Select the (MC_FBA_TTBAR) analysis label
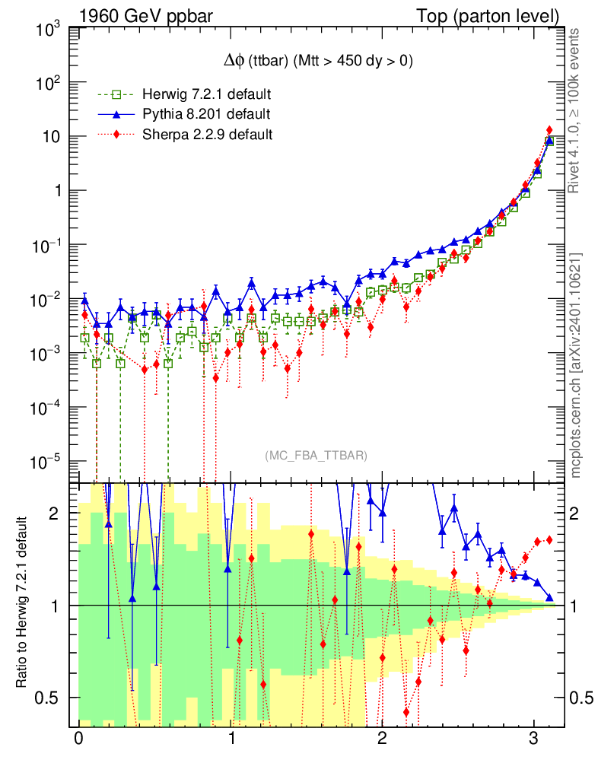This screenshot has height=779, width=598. [x=316, y=456]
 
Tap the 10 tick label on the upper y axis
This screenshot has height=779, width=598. [x=52, y=137]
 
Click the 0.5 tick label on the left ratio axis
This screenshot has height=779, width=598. [x=48, y=698]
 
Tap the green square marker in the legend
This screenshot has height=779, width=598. [x=116, y=95]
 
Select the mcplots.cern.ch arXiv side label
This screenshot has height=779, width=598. [x=577, y=365]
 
